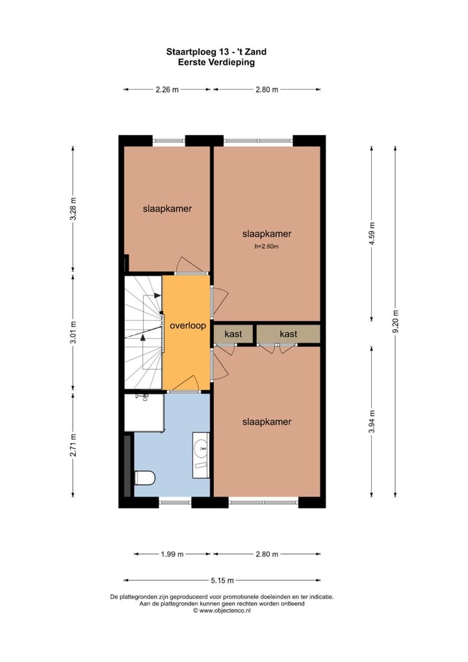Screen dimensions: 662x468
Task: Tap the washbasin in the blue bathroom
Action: (x=201, y=448)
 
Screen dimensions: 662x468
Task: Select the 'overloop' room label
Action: (x=187, y=326)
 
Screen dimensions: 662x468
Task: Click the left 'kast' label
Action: (x=233, y=334)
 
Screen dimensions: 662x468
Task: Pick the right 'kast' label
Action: (x=288, y=334)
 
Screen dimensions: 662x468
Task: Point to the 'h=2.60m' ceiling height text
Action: (x=266, y=246)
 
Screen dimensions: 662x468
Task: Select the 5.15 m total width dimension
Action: (x=222, y=581)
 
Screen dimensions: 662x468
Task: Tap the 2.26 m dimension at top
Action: (x=167, y=90)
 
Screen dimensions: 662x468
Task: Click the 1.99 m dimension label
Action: (x=172, y=554)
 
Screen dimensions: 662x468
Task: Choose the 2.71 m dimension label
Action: (x=73, y=445)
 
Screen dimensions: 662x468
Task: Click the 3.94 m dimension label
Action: (x=371, y=421)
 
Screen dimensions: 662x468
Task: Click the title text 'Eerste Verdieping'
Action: (x=216, y=62)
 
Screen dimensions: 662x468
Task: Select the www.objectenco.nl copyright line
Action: (x=222, y=611)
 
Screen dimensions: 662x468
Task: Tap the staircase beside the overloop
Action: (x=142, y=333)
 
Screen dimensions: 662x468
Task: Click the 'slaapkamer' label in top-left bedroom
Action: (x=167, y=209)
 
